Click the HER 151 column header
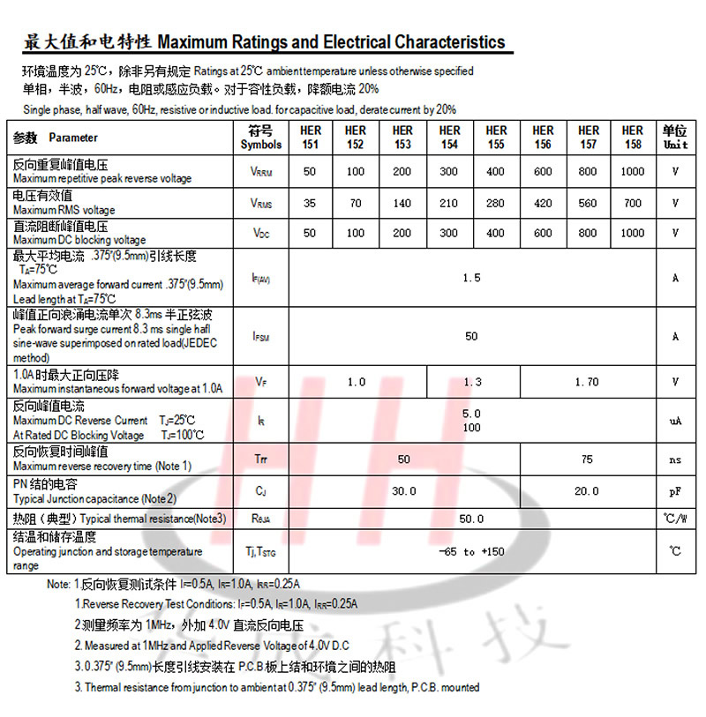click(310, 138)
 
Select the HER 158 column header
click(633, 138)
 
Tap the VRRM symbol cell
click(261, 172)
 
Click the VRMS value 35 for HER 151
click(309, 204)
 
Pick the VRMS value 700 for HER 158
click(633, 204)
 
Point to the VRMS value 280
click(496, 204)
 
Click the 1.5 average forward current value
click(471, 279)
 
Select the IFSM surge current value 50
click(471, 336)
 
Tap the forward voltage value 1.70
click(586, 383)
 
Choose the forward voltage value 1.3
click(472, 383)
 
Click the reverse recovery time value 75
click(587, 459)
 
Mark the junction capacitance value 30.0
click(403, 491)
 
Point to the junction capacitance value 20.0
click(586, 491)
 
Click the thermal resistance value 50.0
click(471, 520)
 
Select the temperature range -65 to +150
click(471, 552)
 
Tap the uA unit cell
click(675, 422)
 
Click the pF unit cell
click(675, 491)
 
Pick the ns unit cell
click(675, 459)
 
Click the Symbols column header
click(261, 138)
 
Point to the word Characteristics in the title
click(450, 42)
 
